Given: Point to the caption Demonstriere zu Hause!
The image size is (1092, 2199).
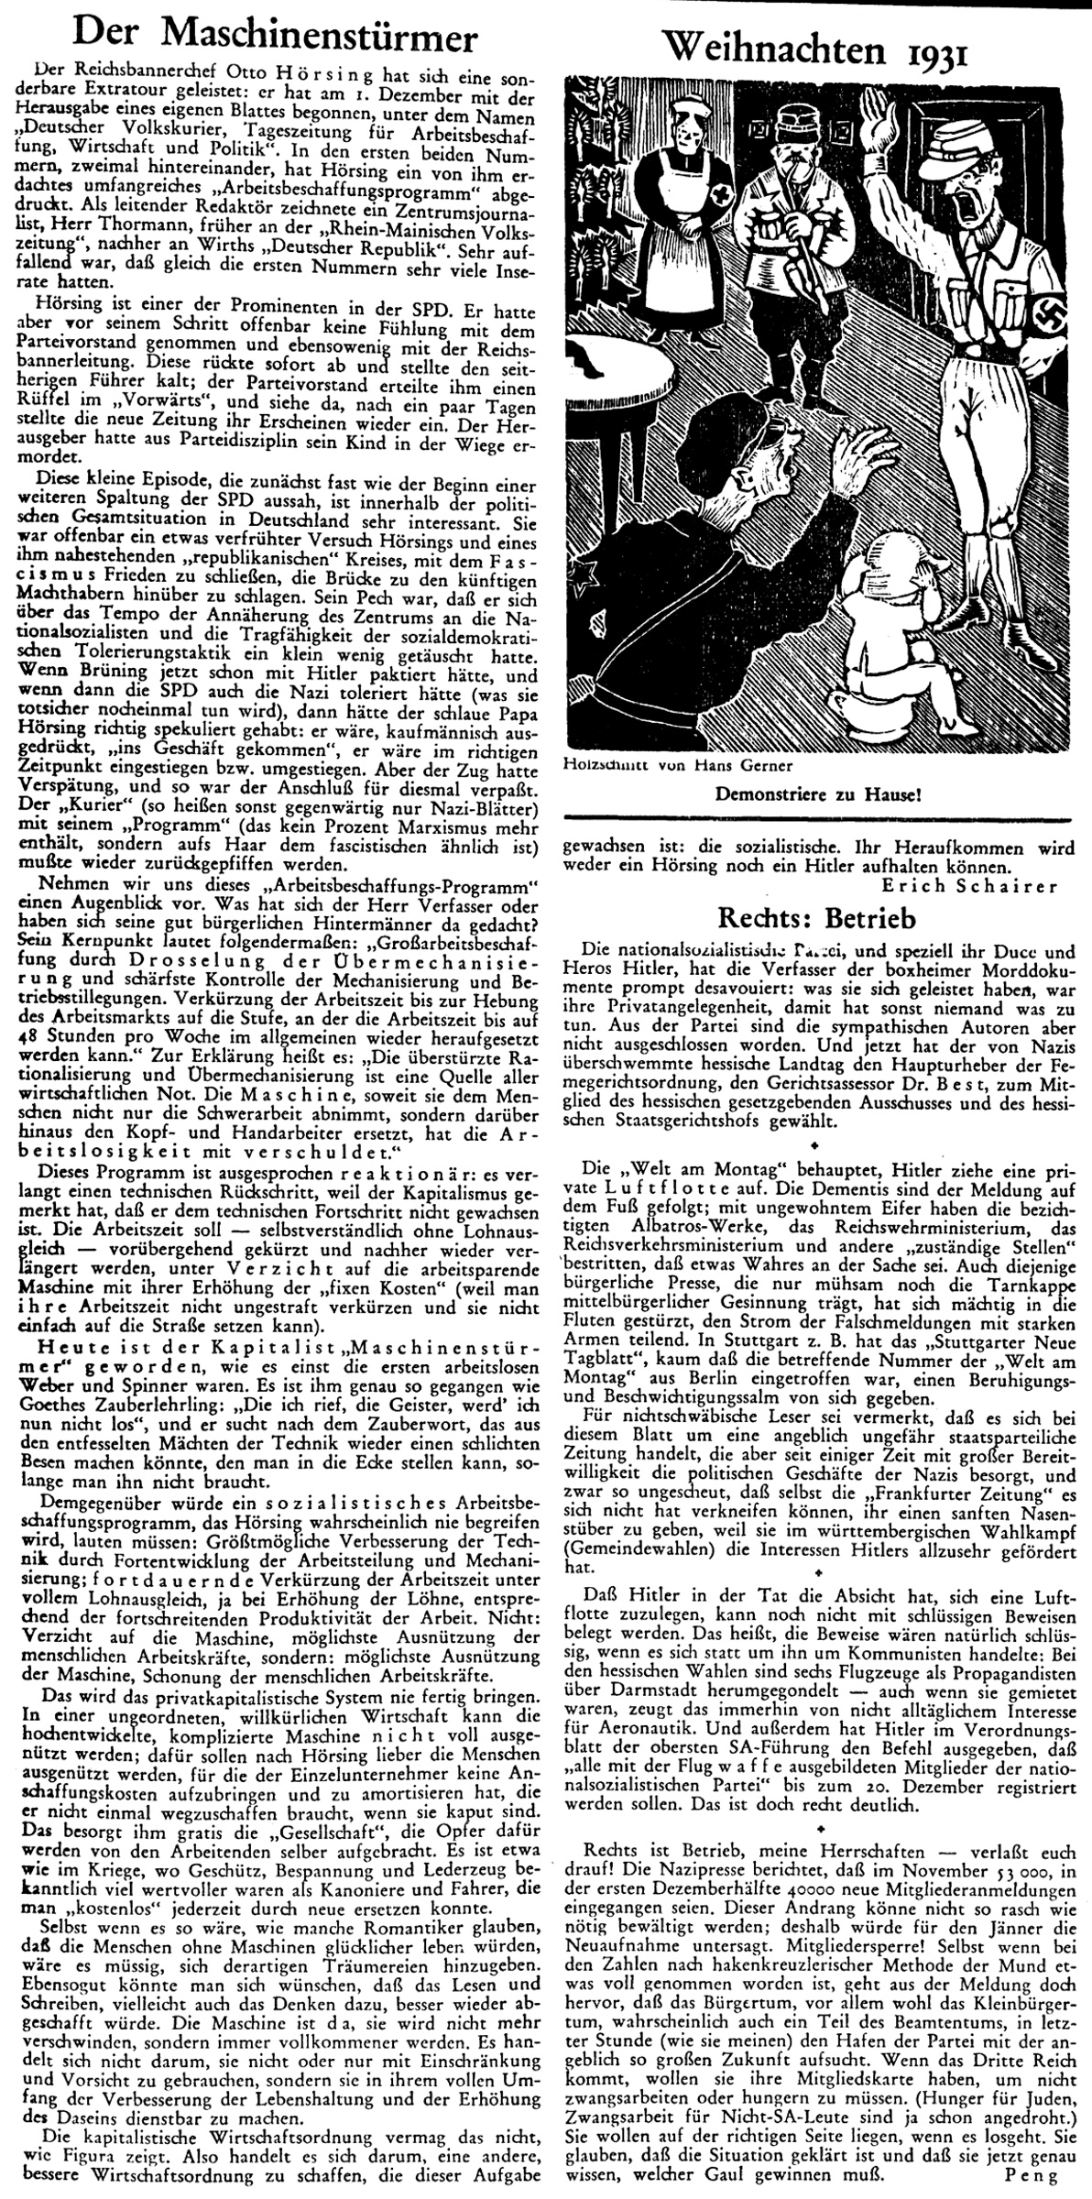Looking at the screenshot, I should pos(818,794).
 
